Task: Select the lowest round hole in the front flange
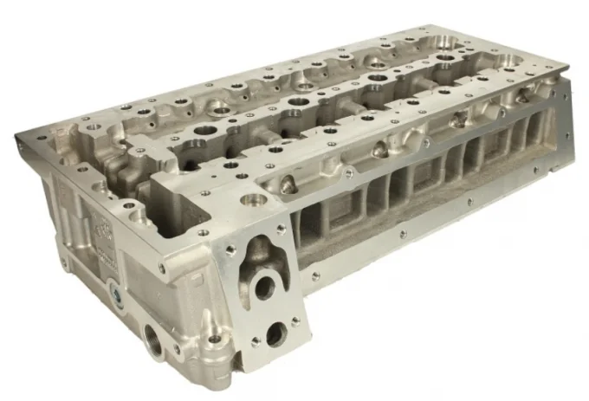[275, 332]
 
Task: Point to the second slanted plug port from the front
[379, 152]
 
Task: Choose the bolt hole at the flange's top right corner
[280, 230]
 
